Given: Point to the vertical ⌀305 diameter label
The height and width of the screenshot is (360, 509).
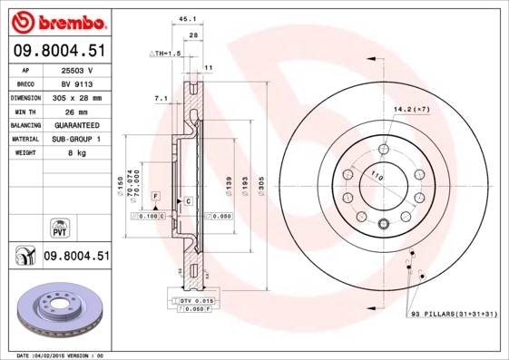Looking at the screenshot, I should (x=261, y=185).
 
